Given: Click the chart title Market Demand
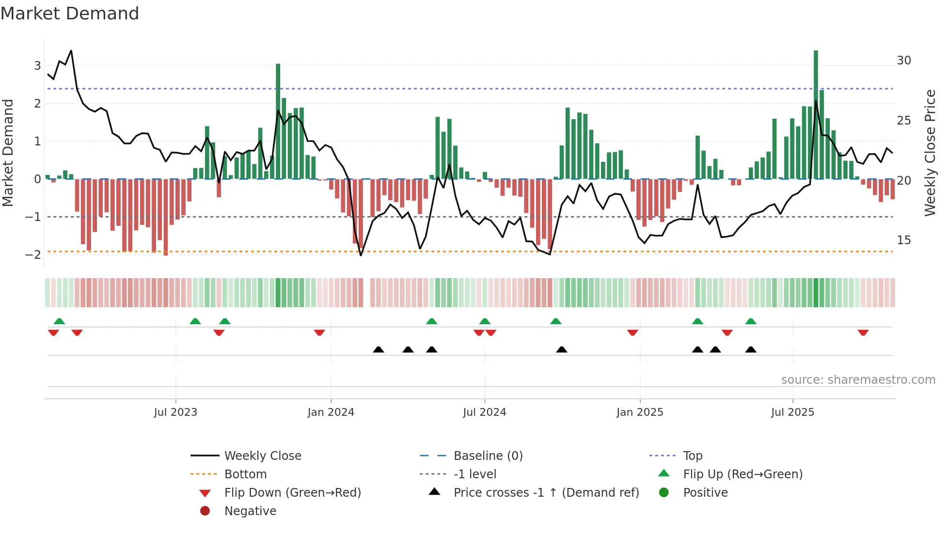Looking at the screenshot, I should pyautogui.click(x=70, y=14).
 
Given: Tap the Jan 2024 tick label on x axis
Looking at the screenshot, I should pyautogui.click(x=331, y=412).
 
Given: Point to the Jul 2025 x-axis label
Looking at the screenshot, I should pyautogui.click(x=792, y=412).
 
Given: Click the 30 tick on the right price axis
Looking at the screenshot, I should pyautogui.click(x=903, y=61).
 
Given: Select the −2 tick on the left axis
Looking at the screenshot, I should pyautogui.click(x=33, y=255).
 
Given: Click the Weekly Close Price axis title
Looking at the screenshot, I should pyautogui.click(x=930, y=153).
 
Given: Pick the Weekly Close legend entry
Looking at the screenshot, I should pyautogui.click(x=262, y=456).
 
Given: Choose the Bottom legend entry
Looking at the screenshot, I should pyautogui.click(x=245, y=474).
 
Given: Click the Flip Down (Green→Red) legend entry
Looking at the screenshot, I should pyautogui.click(x=292, y=493).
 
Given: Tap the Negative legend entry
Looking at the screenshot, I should pyautogui.click(x=250, y=511).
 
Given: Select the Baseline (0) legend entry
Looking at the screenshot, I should pyautogui.click(x=488, y=456).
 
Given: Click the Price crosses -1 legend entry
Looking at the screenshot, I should pyautogui.click(x=546, y=493).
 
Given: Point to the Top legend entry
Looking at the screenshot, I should pyautogui.click(x=692, y=456).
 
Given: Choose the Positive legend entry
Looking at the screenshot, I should pyautogui.click(x=705, y=493).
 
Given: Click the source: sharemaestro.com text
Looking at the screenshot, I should pyautogui.click(x=858, y=380).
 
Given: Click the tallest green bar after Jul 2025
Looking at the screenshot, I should pyautogui.click(x=816, y=116).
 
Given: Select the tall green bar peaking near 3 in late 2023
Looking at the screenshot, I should pyautogui.click(x=278, y=121).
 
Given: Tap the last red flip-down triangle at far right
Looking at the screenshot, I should pyautogui.click(x=863, y=333).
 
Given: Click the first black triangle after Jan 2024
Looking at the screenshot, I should pyautogui.click(x=379, y=349).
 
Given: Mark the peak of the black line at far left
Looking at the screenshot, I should pyautogui.click(x=71, y=50).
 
